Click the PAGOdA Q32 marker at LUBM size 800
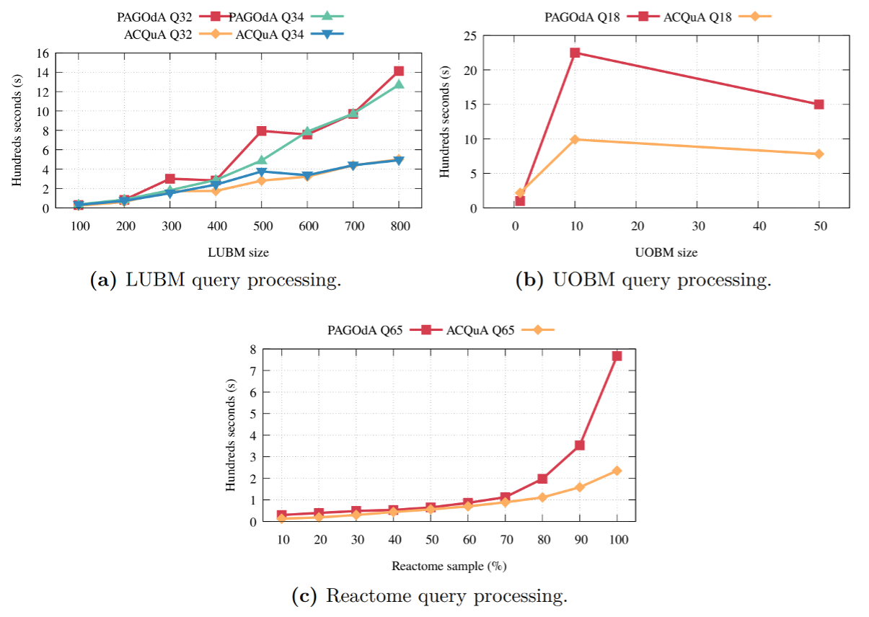[x=399, y=71]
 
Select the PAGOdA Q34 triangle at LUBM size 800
[x=399, y=85]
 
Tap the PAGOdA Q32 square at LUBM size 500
[x=262, y=131]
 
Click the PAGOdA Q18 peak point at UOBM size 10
[x=575, y=53]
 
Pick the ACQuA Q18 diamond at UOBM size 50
[x=819, y=154]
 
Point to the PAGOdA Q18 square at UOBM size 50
[x=819, y=105]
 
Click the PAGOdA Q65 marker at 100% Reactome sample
[x=617, y=356]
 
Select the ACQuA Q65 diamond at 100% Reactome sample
[x=617, y=471]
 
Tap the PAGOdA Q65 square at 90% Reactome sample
[x=580, y=445]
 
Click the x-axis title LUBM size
[x=239, y=252]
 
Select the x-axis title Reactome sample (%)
[x=449, y=566]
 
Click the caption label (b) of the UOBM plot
[x=531, y=280]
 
